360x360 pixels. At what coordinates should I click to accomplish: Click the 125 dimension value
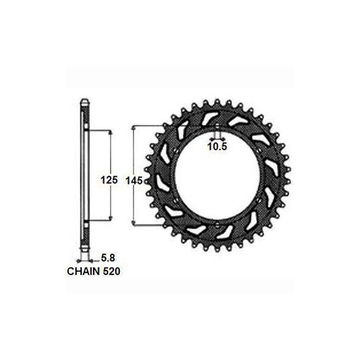pyautogui.click(x=109, y=180)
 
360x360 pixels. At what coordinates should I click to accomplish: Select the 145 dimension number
pyautogui.click(x=134, y=181)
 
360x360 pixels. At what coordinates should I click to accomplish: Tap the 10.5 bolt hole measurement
pyautogui.click(x=217, y=146)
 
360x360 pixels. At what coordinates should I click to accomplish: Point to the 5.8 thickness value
pyautogui.click(x=108, y=258)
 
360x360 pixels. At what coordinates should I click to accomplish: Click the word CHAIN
pyautogui.click(x=84, y=272)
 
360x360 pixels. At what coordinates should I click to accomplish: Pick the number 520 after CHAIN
pyautogui.click(x=111, y=272)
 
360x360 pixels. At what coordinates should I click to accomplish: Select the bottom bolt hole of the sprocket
pyautogui.click(x=217, y=225)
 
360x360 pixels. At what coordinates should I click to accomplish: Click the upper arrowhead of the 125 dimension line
pyautogui.click(x=111, y=132)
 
